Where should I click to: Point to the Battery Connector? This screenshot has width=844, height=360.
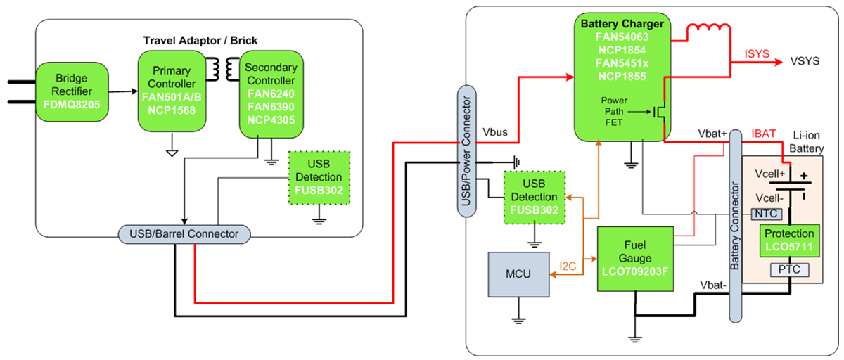735,225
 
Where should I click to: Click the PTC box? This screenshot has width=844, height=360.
790,269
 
